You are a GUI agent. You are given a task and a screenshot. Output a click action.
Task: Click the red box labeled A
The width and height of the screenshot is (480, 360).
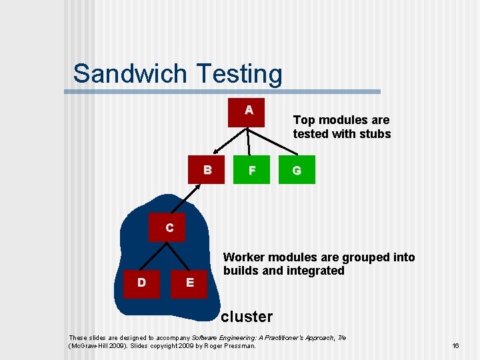tap(248, 111)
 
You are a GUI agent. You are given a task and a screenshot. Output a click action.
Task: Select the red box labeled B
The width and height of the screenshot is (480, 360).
tap(207, 170)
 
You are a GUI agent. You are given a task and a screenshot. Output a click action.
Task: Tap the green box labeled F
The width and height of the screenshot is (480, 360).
tap(252, 171)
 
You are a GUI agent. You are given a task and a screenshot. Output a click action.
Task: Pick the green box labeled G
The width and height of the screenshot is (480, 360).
tap(297, 171)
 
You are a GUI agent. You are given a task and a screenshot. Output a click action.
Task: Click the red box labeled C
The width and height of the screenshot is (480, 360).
tap(169, 227)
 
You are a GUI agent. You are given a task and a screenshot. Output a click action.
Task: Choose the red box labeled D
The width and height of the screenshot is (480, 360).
tap(141, 283)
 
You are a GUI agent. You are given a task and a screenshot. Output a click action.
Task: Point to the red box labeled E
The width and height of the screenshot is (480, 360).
tap(190, 283)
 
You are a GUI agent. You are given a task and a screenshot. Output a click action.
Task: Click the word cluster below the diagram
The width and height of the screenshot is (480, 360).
tap(247, 317)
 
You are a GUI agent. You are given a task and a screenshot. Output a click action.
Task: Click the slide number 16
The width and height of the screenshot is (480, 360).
tap(455, 346)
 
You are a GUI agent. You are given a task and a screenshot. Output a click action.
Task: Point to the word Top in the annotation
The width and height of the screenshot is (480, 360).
tap(303, 120)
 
